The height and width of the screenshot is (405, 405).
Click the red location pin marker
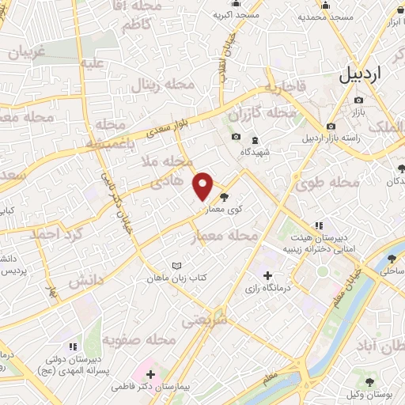pos(203,186)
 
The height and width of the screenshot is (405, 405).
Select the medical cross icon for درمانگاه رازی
pos(267,276)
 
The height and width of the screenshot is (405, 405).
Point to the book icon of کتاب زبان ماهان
pos(177,267)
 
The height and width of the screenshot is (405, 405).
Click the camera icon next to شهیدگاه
pos(236,137)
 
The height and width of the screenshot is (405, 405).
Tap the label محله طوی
pos(327,184)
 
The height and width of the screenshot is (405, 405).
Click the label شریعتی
pos(204,320)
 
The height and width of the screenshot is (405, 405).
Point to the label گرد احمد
pos(56,234)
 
